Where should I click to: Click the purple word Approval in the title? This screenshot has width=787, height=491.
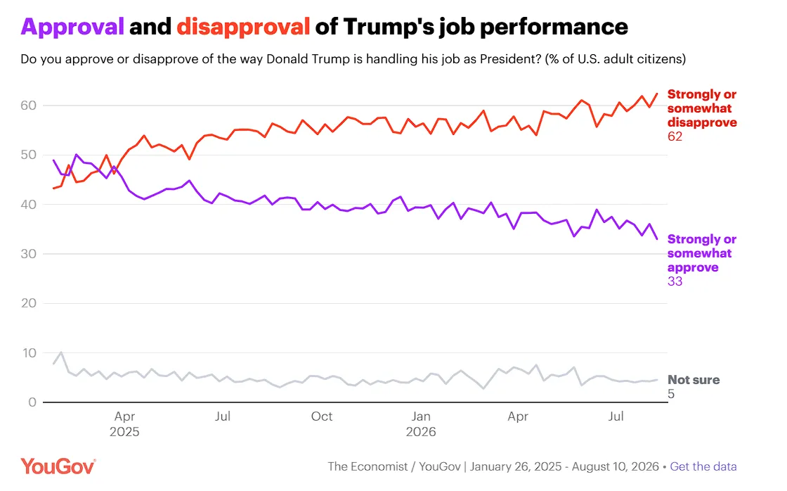tap(72, 27)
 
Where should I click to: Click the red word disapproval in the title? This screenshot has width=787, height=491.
tap(243, 27)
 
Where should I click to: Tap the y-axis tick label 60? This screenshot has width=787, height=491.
tap(29, 106)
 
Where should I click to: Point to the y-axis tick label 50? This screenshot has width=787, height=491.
tap(29, 155)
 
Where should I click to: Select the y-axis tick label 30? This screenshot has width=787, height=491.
tap(29, 254)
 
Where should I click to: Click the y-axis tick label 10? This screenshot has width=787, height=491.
tap(29, 353)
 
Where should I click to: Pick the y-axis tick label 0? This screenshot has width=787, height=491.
tap(32, 402)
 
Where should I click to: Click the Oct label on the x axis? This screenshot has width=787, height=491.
tap(322, 416)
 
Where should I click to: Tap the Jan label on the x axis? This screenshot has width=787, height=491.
tap(421, 416)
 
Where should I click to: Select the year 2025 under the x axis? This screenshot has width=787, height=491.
tap(124, 432)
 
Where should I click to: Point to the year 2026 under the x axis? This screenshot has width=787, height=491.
tap(421, 432)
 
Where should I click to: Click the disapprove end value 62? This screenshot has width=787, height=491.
tap(675, 136)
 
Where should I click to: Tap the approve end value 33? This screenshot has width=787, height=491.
tap(675, 281)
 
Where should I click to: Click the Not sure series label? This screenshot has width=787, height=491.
tap(694, 380)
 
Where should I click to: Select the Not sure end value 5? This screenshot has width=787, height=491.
tap(671, 394)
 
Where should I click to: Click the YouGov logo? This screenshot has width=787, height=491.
tap(58, 466)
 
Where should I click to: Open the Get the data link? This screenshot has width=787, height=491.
tap(703, 467)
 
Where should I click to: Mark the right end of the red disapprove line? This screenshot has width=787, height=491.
tap(657, 94)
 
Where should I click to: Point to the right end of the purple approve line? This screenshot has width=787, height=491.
tap(657, 238)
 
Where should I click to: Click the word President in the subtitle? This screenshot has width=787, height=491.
tap(510, 59)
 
